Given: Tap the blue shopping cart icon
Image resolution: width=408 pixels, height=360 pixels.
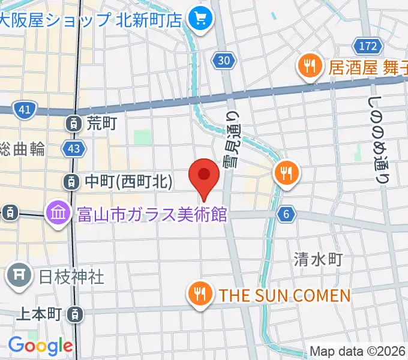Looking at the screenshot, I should (197, 20).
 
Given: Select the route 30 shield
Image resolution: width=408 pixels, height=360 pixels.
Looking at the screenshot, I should (223, 60).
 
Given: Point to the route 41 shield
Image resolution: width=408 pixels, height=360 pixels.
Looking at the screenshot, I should (25, 110).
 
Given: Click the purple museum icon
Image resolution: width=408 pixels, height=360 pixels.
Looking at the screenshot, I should (59, 213).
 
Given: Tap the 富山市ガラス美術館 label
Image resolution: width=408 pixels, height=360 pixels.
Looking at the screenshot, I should (152, 213).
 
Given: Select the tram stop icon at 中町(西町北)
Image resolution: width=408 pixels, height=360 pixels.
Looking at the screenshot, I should (72, 181).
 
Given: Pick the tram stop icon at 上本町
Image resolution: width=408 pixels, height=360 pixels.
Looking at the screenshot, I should (74, 313).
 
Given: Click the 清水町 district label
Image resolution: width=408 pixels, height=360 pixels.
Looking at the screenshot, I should (318, 259).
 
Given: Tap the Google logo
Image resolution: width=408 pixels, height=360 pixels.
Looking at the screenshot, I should (40, 346).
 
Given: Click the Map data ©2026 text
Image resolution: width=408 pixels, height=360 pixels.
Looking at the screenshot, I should (358, 352).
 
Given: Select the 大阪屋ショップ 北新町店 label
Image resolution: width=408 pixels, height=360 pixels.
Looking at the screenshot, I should (90, 20).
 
